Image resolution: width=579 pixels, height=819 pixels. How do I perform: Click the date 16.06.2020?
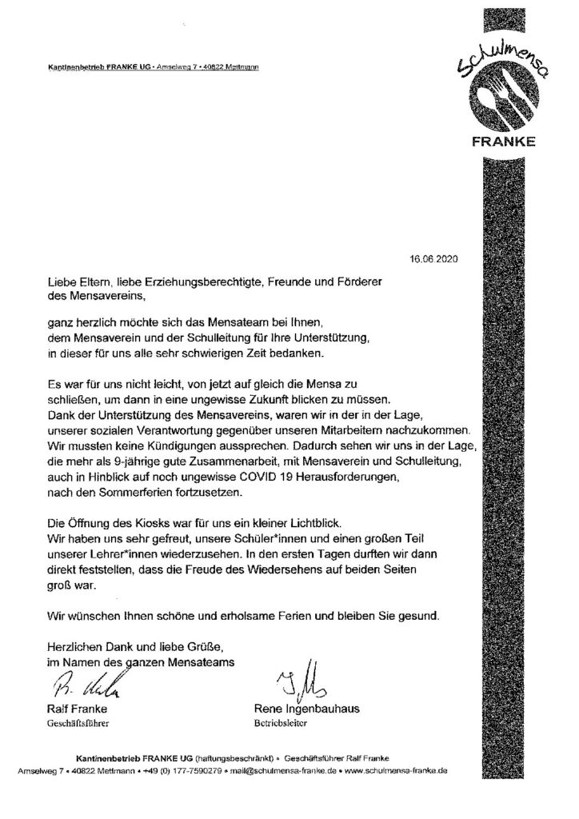(x=434, y=259)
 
